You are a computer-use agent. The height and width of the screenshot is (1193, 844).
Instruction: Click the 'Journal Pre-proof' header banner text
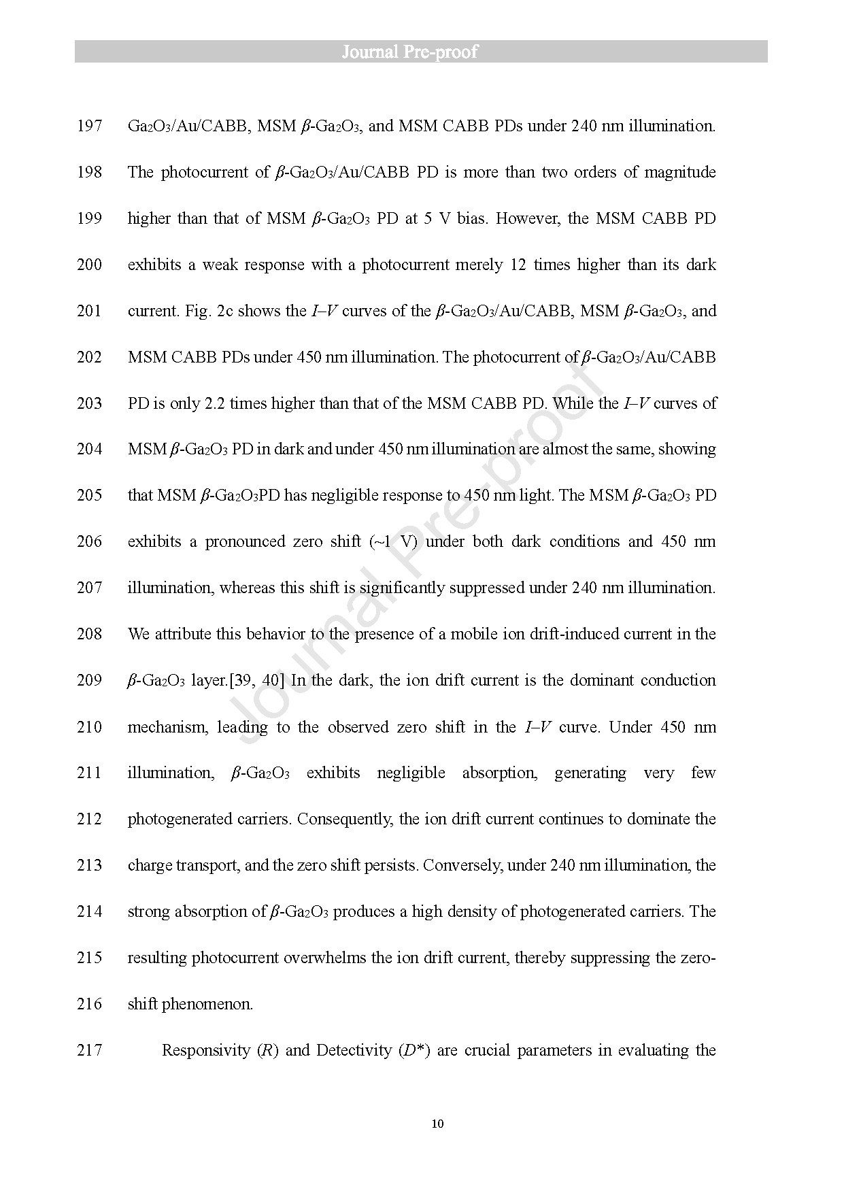tap(409, 52)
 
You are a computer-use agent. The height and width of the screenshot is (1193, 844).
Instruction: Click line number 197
tap(89, 126)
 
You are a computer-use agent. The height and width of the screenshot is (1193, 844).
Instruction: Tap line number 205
tap(89, 495)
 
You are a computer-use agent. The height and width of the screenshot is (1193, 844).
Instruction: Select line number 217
tap(89, 1050)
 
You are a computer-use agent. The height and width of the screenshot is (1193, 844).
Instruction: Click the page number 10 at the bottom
tap(437, 1123)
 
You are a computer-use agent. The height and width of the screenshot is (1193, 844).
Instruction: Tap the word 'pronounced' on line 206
tap(245, 541)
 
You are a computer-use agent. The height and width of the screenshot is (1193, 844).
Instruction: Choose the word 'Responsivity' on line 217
tap(206, 1050)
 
